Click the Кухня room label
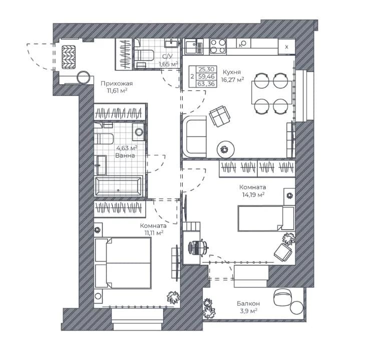[232, 72]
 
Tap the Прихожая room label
[117, 83]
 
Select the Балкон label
[248, 303]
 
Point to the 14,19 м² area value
[253, 194]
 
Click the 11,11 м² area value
[154, 233]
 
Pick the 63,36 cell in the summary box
[206, 84]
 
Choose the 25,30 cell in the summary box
[206, 69]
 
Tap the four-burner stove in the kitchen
[218, 46]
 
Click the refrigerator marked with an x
[287, 46]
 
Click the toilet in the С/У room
[144, 55]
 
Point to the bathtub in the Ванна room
[118, 186]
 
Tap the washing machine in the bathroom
[138, 132]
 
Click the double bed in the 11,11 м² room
[123, 263]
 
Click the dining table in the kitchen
[272, 92]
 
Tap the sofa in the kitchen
[194, 136]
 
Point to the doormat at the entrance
[69, 57]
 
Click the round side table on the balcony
[297, 308]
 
